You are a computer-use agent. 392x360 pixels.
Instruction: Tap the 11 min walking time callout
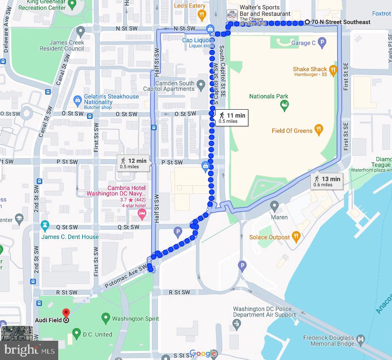click(232, 117)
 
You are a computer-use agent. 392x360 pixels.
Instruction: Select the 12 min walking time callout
click(134, 163)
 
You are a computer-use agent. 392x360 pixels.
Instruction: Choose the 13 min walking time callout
click(327, 181)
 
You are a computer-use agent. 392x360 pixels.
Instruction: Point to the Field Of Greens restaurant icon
click(319, 130)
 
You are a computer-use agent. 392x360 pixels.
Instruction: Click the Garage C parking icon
click(322, 42)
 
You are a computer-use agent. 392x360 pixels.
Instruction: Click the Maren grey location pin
click(274, 206)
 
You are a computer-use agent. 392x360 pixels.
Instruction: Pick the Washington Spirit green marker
click(106, 319)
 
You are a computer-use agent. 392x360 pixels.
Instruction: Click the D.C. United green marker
click(76, 334)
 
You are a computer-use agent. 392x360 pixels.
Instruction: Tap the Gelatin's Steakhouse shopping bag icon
click(77, 100)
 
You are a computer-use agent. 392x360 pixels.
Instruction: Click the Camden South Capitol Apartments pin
click(201, 86)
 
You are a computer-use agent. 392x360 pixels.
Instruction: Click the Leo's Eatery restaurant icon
click(202, 15)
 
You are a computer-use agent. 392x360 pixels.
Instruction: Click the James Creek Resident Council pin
click(81, 31)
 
